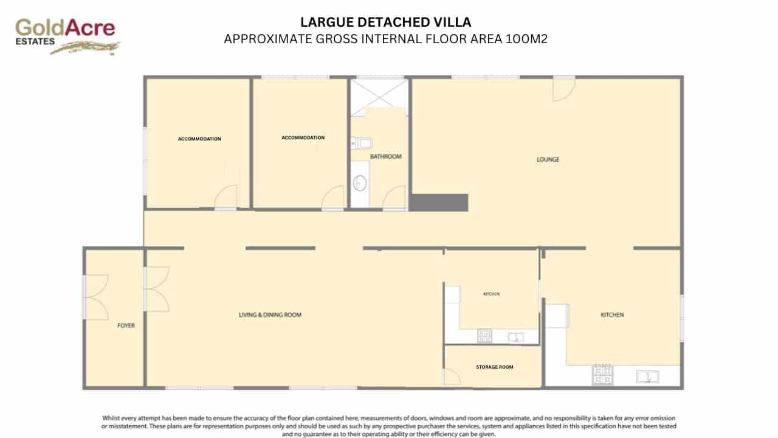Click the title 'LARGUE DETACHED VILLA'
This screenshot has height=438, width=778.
(x=386, y=23)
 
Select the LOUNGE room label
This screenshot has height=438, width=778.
(x=548, y=159)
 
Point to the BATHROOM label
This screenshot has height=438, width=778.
(x=386, y=156)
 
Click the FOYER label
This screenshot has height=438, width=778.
(x=126, y=325)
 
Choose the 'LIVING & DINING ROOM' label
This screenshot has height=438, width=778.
(x=270, y=315)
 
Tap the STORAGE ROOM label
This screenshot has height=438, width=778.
(x=494, y=367)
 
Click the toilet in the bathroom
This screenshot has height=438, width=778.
(x=362, y=144)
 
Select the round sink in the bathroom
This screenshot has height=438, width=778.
(x=360, y=182)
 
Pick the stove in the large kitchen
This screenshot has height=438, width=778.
(x=602, y=375)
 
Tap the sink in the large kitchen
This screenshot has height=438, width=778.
(x=648, y=377)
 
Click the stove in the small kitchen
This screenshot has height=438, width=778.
(x=485, y=335)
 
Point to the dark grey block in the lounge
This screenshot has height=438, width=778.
(x=439, y=203)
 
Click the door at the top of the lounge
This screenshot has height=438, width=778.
(x=563, y=89)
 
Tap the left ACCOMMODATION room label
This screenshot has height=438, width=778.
(x=199, y=139)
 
